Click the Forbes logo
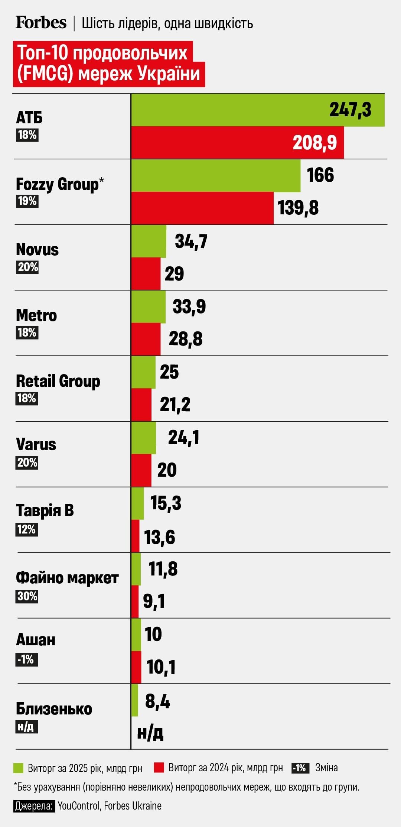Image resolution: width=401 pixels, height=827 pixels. coord(41,23)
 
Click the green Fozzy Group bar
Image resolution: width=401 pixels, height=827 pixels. coord(216,176)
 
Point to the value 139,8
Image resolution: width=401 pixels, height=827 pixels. coord(298,208)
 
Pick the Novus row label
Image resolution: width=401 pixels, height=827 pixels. coord(37,250)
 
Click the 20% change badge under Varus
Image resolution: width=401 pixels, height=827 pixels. coord(27,463)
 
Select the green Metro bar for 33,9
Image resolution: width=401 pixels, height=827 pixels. coord(149,307)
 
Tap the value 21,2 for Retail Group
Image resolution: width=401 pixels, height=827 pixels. coord(175,405)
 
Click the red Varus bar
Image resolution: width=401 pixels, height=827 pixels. coord(141,470)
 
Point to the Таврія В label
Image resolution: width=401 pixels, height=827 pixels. coord(45,510)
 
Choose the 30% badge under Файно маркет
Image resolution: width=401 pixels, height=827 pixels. coord(27,596)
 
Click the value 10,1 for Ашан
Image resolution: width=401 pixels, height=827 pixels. coord(161,667)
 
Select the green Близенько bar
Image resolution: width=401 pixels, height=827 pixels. coord(135,700)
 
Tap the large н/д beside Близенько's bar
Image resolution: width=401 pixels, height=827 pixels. coord(150,732)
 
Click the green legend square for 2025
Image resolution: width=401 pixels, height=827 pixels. coord(18,768)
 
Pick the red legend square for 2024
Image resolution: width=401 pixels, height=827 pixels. coord(159,768)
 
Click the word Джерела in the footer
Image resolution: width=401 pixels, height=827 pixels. coord(34,805)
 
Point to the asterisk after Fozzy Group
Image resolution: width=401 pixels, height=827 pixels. coord(102,180)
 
